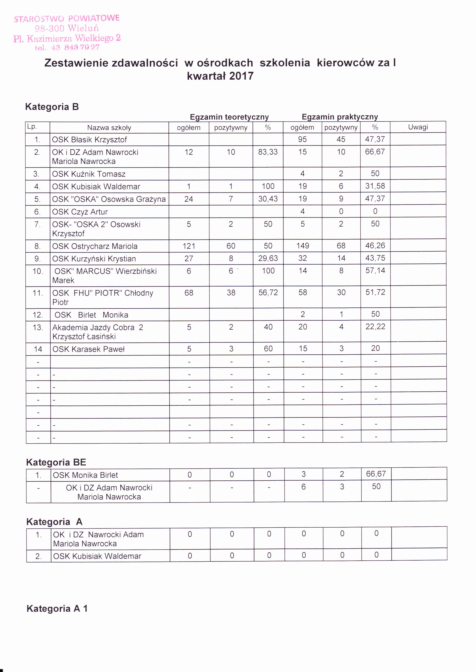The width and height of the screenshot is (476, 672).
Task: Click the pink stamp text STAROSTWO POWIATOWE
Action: pyautogui.click(x=67, y=18)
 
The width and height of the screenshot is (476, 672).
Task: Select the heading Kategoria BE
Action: pyautogui.click(x=56, y=462)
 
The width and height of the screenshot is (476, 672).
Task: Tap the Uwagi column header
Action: pyautogui.click(x=418, y=127)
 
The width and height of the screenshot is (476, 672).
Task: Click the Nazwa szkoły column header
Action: pyautogui.click(x=109, y=128)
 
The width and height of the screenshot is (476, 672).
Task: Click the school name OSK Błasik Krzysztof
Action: pyautogui.click(x=89, y=140)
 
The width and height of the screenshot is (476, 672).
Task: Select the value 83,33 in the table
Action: pyautogui.click(x=268, y=152)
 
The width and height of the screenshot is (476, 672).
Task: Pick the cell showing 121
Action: pyautogui.click(x=189, y=246)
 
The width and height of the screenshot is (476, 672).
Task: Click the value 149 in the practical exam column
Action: pyautogui.click(x=303, y=245)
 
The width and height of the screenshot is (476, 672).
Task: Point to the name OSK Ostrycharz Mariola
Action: pyautogui.click(x=95, y=246)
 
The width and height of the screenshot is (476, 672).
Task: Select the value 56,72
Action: pyautogui.click(x=268, y=292)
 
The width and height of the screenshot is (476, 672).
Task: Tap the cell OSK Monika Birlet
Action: pyautogui.click(x=85, y=475)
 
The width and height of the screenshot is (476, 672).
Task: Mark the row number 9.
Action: pyautogui.click(x=37, y=259)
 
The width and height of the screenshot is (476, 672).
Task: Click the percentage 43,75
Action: pyautogui.click(x=375, y=258)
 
